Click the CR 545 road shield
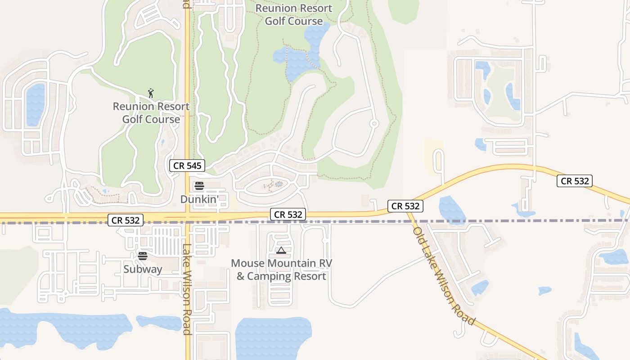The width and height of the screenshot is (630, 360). click(x=187, y=166)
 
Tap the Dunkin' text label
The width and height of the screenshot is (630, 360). click(x=199, y=198)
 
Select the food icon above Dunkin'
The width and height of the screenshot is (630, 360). click(x=199, y=186)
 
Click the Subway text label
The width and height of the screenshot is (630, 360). click(x=143, y=269)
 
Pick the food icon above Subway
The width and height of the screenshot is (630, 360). click(x=143, y=256)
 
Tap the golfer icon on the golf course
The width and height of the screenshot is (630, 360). click(x=151, y=93)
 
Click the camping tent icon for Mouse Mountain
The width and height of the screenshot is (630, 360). click(x=281, y=250)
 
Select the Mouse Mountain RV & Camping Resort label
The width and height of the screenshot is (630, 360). click(x=281, y=269)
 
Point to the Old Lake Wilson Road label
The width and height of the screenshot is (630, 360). click(x=444, y=276)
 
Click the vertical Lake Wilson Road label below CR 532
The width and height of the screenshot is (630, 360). click(x=187, y=289)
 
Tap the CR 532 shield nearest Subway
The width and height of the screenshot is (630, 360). click(x=126, y=220)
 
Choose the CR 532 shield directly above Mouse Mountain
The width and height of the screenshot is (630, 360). click(x=288, y=215)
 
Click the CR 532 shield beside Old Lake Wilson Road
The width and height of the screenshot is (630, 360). click(x=405, y=206)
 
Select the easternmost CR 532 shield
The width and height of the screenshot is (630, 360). click(x=575, y=181)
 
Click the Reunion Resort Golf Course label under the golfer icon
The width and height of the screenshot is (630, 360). click(x=151, y=112)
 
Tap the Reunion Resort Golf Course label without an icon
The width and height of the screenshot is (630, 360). click(x=293, y=14)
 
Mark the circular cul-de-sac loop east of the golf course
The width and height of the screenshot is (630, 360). click(x=374, y=123)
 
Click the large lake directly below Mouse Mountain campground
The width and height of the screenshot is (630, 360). click(x=273, y=337)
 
